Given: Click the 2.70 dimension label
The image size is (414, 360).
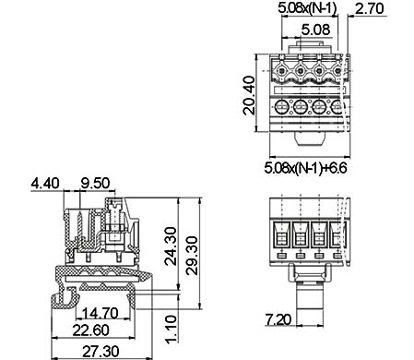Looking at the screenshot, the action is pos(370,8).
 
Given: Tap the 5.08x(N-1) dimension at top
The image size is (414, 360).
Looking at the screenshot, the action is pos(307,7).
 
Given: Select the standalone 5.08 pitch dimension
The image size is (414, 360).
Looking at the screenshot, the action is pos(315,30).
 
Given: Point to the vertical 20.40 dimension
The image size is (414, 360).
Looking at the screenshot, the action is pos(249,95).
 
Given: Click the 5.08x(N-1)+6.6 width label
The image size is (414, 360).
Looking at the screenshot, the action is pos(305,168).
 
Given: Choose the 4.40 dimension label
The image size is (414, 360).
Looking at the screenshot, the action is pos(45,183).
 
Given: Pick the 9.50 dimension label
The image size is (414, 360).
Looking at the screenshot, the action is pos(95,183).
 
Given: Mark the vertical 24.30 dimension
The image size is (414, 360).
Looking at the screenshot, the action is pos(171,246).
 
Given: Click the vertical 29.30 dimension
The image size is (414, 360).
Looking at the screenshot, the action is pos(192,256).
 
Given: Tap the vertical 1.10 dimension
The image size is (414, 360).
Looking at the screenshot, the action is pos(172,329).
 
